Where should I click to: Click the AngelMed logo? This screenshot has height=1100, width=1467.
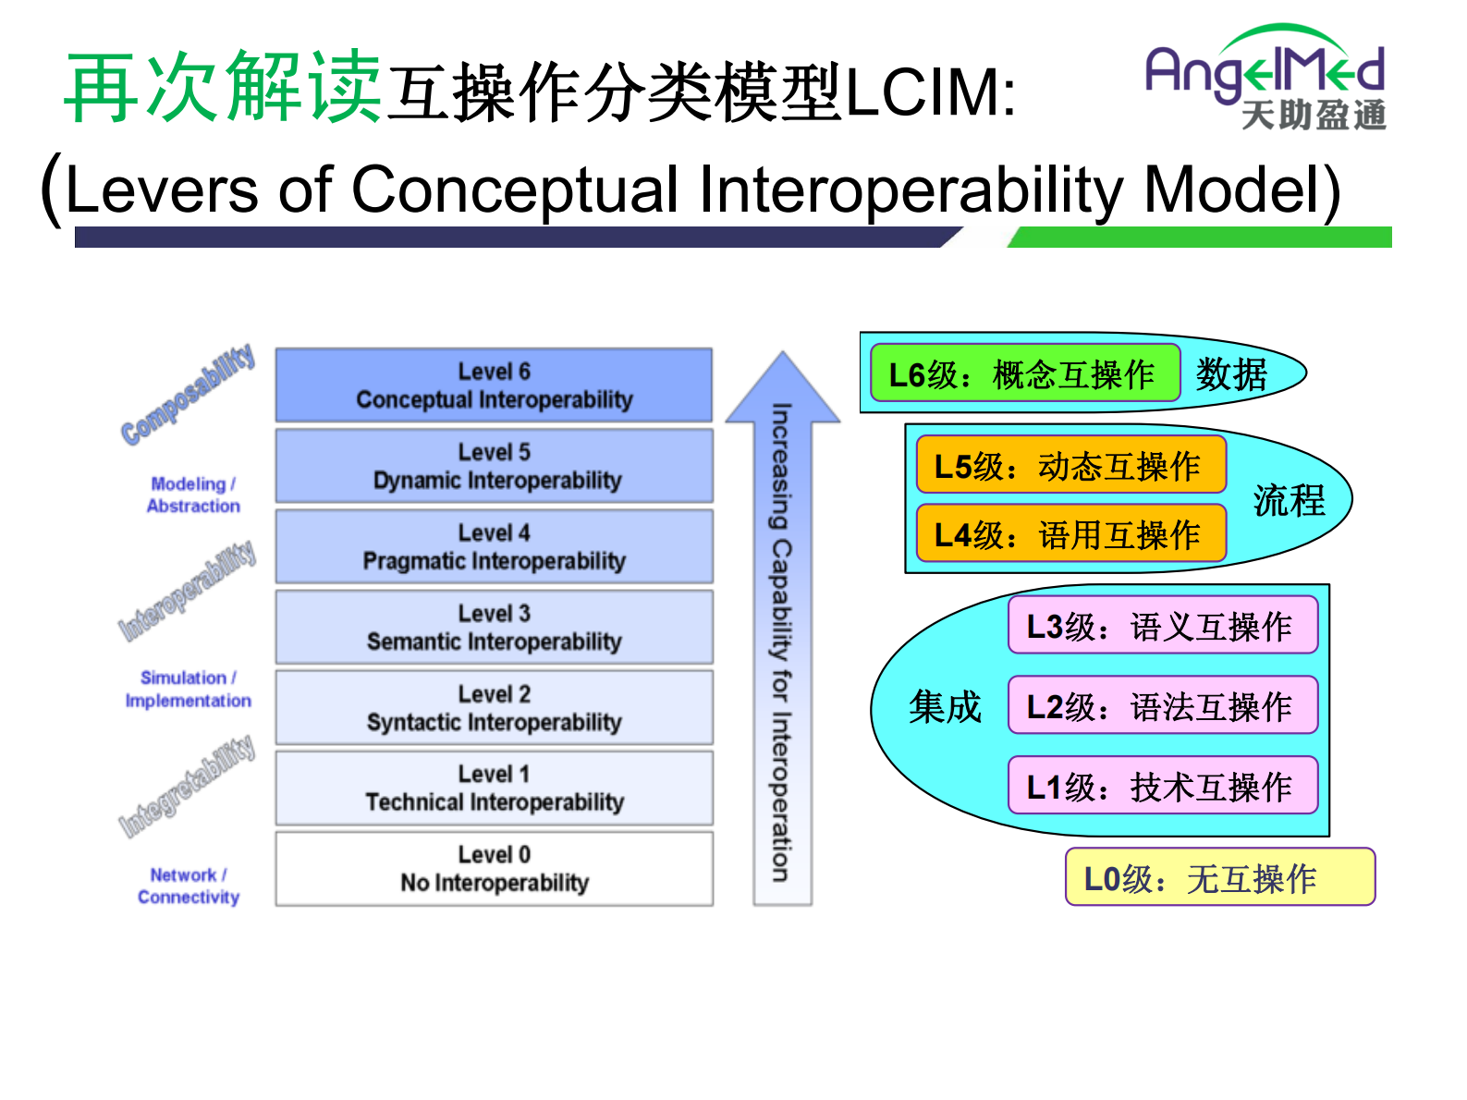pos(1265,77)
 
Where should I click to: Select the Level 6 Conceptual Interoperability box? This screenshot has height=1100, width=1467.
pos(494,385)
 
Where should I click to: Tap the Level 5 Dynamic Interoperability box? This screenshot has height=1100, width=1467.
pos(494,466)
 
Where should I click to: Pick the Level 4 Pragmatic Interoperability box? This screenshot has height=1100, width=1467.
pos(494,546)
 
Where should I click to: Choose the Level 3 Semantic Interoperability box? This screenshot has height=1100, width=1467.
pos(494,627)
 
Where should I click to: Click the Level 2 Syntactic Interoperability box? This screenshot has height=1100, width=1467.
pos(494,707)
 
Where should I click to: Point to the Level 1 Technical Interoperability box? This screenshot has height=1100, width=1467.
pos(494,788)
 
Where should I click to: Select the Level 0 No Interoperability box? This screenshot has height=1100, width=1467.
pos(494,869)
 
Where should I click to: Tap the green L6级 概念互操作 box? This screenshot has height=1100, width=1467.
pos(1024,373)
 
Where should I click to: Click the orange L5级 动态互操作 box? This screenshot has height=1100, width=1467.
pos(1070,465)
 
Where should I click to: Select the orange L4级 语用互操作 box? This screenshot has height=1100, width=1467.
pos(1070,533)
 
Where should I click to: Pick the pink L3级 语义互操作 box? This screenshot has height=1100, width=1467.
pos(1162,626)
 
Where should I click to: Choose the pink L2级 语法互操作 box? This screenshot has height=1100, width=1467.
pos(1162,706)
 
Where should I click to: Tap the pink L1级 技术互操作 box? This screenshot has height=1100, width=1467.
pos(1162,786)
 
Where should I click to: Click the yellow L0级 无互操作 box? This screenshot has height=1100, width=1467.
pos(1219,877)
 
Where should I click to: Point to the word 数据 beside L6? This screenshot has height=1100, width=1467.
pos(1231,374)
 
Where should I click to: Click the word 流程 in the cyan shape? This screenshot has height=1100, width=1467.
pos(1289,500)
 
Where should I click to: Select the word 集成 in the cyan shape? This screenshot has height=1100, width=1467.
pos(944,706)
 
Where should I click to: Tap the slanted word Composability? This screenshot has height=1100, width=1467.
pos(188,395)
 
